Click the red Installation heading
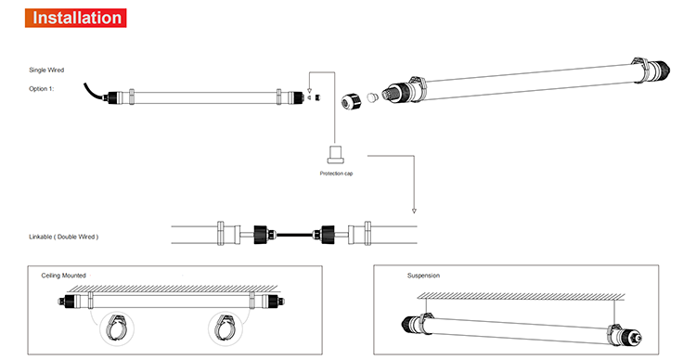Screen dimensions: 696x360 point(75,18)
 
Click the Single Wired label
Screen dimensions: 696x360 point(46,71)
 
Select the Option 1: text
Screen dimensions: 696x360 point(41,89)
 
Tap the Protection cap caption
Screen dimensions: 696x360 point(337,174)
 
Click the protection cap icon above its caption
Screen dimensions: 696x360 point(337,154)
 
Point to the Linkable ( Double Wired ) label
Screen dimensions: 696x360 point(64,237)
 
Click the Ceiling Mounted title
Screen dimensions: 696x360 point(63,276)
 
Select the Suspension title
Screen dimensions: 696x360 point(423,276)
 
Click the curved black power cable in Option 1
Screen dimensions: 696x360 point(92,93)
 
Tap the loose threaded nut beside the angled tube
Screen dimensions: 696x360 point(351,102)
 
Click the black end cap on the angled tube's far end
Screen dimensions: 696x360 point(661,70)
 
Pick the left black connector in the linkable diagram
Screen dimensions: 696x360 point(262,235)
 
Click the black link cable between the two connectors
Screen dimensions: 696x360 point(294,234)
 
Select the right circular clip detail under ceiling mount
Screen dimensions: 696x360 point(226,328)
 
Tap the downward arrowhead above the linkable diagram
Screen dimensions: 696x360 point(414,211)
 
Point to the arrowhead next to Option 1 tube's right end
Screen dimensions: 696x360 point(309,91)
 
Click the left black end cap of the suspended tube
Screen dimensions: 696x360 point(409,324)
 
